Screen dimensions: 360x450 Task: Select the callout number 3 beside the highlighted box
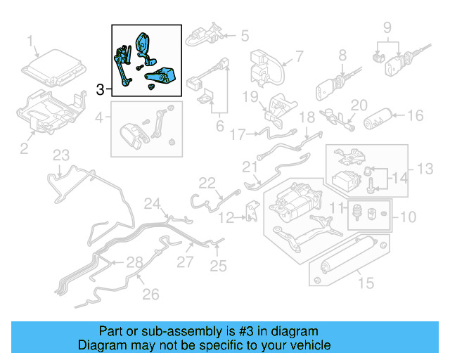101,90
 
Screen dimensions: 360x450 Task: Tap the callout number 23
62,155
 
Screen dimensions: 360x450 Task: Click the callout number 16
415,116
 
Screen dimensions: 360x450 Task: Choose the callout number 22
206,183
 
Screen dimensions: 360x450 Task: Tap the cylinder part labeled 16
380,119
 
